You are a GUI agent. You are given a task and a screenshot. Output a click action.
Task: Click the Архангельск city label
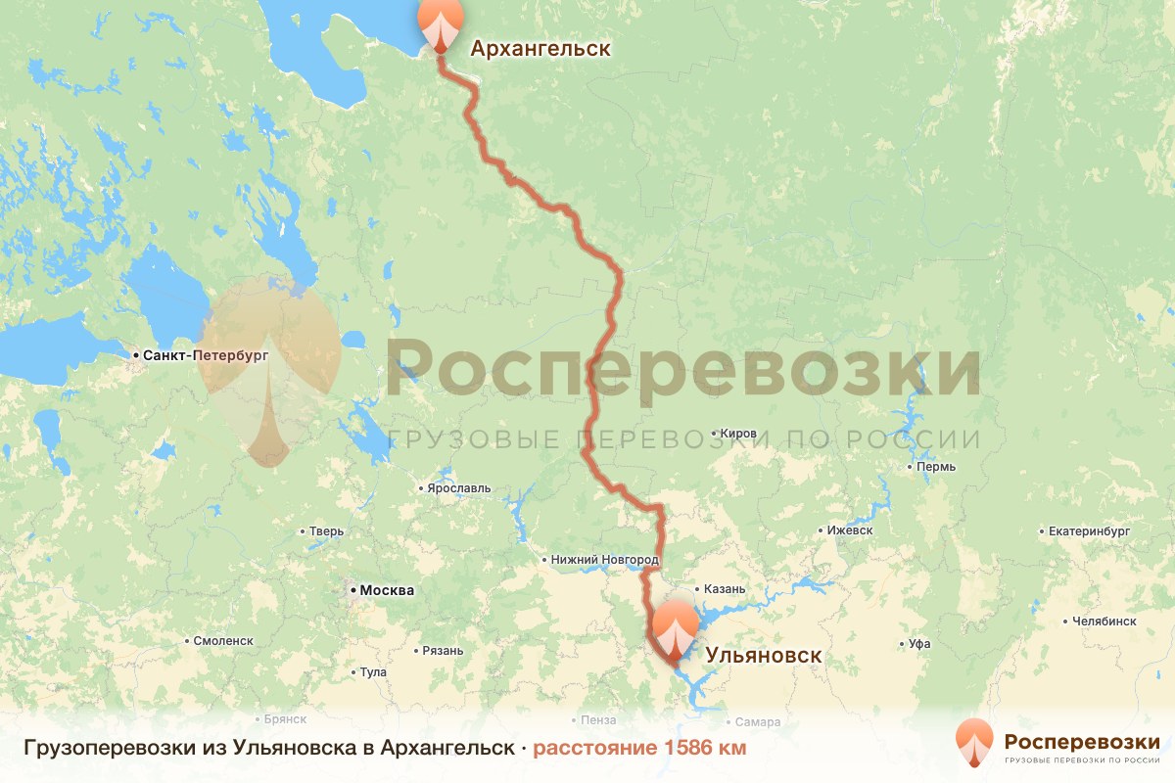540,49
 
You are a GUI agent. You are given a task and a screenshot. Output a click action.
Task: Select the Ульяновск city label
764,656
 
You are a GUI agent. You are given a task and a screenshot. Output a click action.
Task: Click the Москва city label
387,590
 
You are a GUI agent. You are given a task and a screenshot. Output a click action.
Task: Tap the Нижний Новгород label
606,560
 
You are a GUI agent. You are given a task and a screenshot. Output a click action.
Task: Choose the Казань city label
725,589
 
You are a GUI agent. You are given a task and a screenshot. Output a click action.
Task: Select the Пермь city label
936,467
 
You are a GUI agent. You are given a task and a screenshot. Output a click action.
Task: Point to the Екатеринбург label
1089,530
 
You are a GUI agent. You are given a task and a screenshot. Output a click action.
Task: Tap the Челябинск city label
1104,621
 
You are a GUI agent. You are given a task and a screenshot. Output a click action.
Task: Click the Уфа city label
919,644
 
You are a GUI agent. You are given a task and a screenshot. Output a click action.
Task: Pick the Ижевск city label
849,530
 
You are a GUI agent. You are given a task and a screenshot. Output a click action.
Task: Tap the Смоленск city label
224,640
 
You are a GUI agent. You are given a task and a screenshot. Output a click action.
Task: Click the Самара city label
758,722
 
